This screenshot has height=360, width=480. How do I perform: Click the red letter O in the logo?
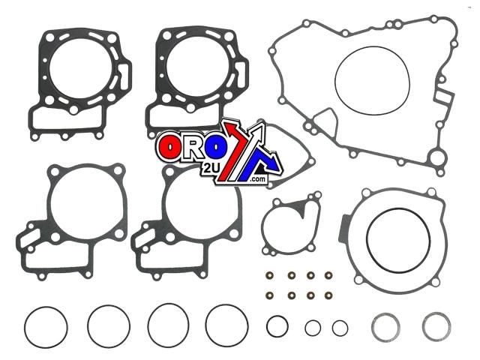click(169, 147)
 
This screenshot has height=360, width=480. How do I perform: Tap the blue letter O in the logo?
click(216, 147)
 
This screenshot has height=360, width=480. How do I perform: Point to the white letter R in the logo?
click(193, 147)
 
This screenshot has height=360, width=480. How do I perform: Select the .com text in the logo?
click(258, 179)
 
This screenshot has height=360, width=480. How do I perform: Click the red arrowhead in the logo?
click(232, 128)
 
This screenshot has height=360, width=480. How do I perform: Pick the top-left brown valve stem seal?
click(270, 275)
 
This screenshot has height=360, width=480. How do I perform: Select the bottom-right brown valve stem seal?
click(328, 295)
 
